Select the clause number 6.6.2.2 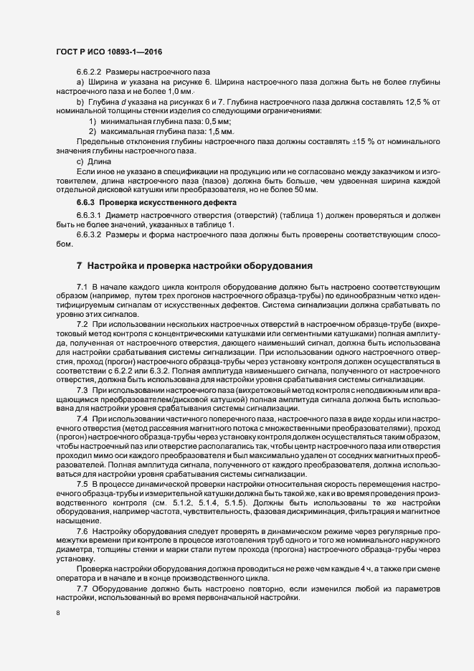coord(90,73)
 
